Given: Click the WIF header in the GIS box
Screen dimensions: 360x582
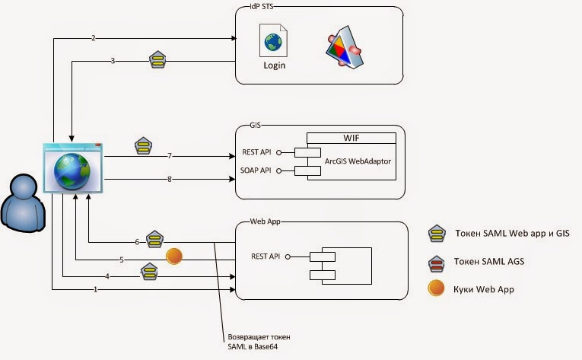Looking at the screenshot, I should click(351, 138).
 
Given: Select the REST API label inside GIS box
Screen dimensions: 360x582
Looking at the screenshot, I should click(255, 151).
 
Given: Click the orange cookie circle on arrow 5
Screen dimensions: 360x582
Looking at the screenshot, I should click(174, 256).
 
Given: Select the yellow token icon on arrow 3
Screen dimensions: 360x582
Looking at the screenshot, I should click(157, 59).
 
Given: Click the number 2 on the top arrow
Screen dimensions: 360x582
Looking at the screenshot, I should click(93, 38).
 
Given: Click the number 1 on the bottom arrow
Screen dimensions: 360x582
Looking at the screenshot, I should click(95, 290).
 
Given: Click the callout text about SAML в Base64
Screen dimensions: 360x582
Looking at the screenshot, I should click(259, 341).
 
